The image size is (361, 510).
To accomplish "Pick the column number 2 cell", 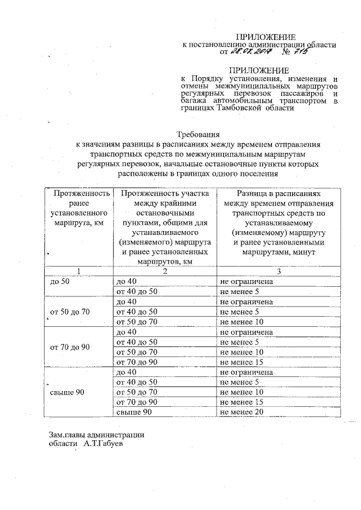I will coord(164,272).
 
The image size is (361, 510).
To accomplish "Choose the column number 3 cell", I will coord(278,272).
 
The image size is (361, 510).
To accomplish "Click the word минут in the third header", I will coord(303,252).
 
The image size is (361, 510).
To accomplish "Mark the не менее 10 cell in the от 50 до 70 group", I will coord(242,322).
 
